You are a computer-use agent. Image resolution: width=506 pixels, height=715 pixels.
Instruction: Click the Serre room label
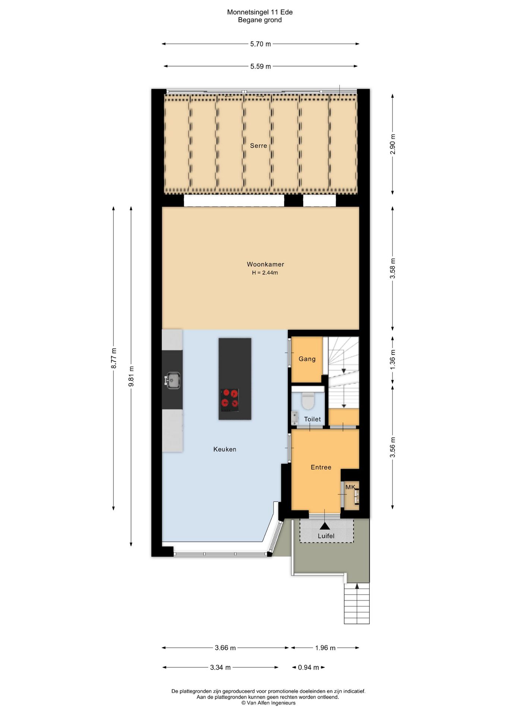tap(258, 146)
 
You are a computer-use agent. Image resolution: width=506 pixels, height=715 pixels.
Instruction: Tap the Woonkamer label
tap(265, 264)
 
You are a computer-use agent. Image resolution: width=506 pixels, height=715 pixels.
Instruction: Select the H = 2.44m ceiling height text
tap(265, 273)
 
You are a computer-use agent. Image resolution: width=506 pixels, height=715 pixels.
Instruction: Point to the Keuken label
tap(225, 449)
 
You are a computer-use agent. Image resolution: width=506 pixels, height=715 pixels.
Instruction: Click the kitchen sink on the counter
tap(173, 380)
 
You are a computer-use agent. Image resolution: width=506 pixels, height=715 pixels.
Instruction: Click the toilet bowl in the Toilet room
tap(308, 400)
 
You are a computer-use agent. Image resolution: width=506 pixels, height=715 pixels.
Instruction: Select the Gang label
tap(307, 359)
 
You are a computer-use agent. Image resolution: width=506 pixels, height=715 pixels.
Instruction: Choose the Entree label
tap(321, 467)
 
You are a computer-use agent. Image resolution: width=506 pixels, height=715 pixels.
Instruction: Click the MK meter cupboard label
tap(350, 487)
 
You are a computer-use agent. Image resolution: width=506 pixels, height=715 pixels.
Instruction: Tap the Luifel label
tap(326, 536)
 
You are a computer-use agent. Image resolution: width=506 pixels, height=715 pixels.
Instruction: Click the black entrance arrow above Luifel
tap(325, 525)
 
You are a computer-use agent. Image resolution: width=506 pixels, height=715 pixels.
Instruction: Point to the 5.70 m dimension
tap(260, 44)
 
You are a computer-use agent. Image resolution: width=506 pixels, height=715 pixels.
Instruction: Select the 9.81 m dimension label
tap(131, 376)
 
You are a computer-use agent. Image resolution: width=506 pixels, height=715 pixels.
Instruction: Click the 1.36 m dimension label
tap(392, 360)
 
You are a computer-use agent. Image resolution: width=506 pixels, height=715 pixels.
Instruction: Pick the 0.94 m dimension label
tap(309, 667)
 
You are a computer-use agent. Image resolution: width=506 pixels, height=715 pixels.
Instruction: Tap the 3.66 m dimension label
tap(225, 648)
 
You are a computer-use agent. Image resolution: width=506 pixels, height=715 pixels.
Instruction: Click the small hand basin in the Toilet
tap(294, 417)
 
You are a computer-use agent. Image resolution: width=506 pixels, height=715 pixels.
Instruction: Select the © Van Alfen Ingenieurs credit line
tap(268, 703)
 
